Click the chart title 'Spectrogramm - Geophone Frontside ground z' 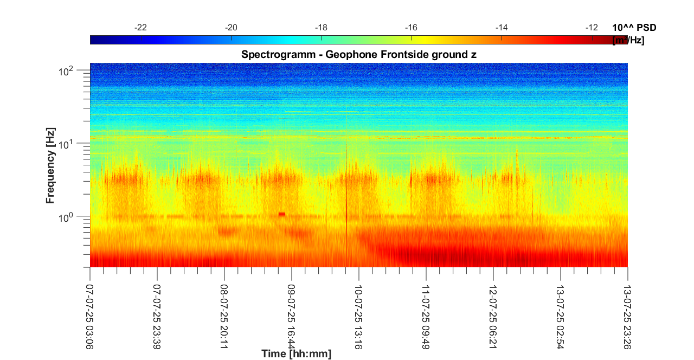[358, 54]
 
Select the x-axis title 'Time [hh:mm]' [296, 354]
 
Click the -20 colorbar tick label [231, 27]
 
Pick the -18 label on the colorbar [322, 27]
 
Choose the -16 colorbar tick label [412, 27]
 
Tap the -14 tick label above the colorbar [502, 27]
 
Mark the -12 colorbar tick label [592, 27]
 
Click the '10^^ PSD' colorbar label [634, 28]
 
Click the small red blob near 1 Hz [282, 214]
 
